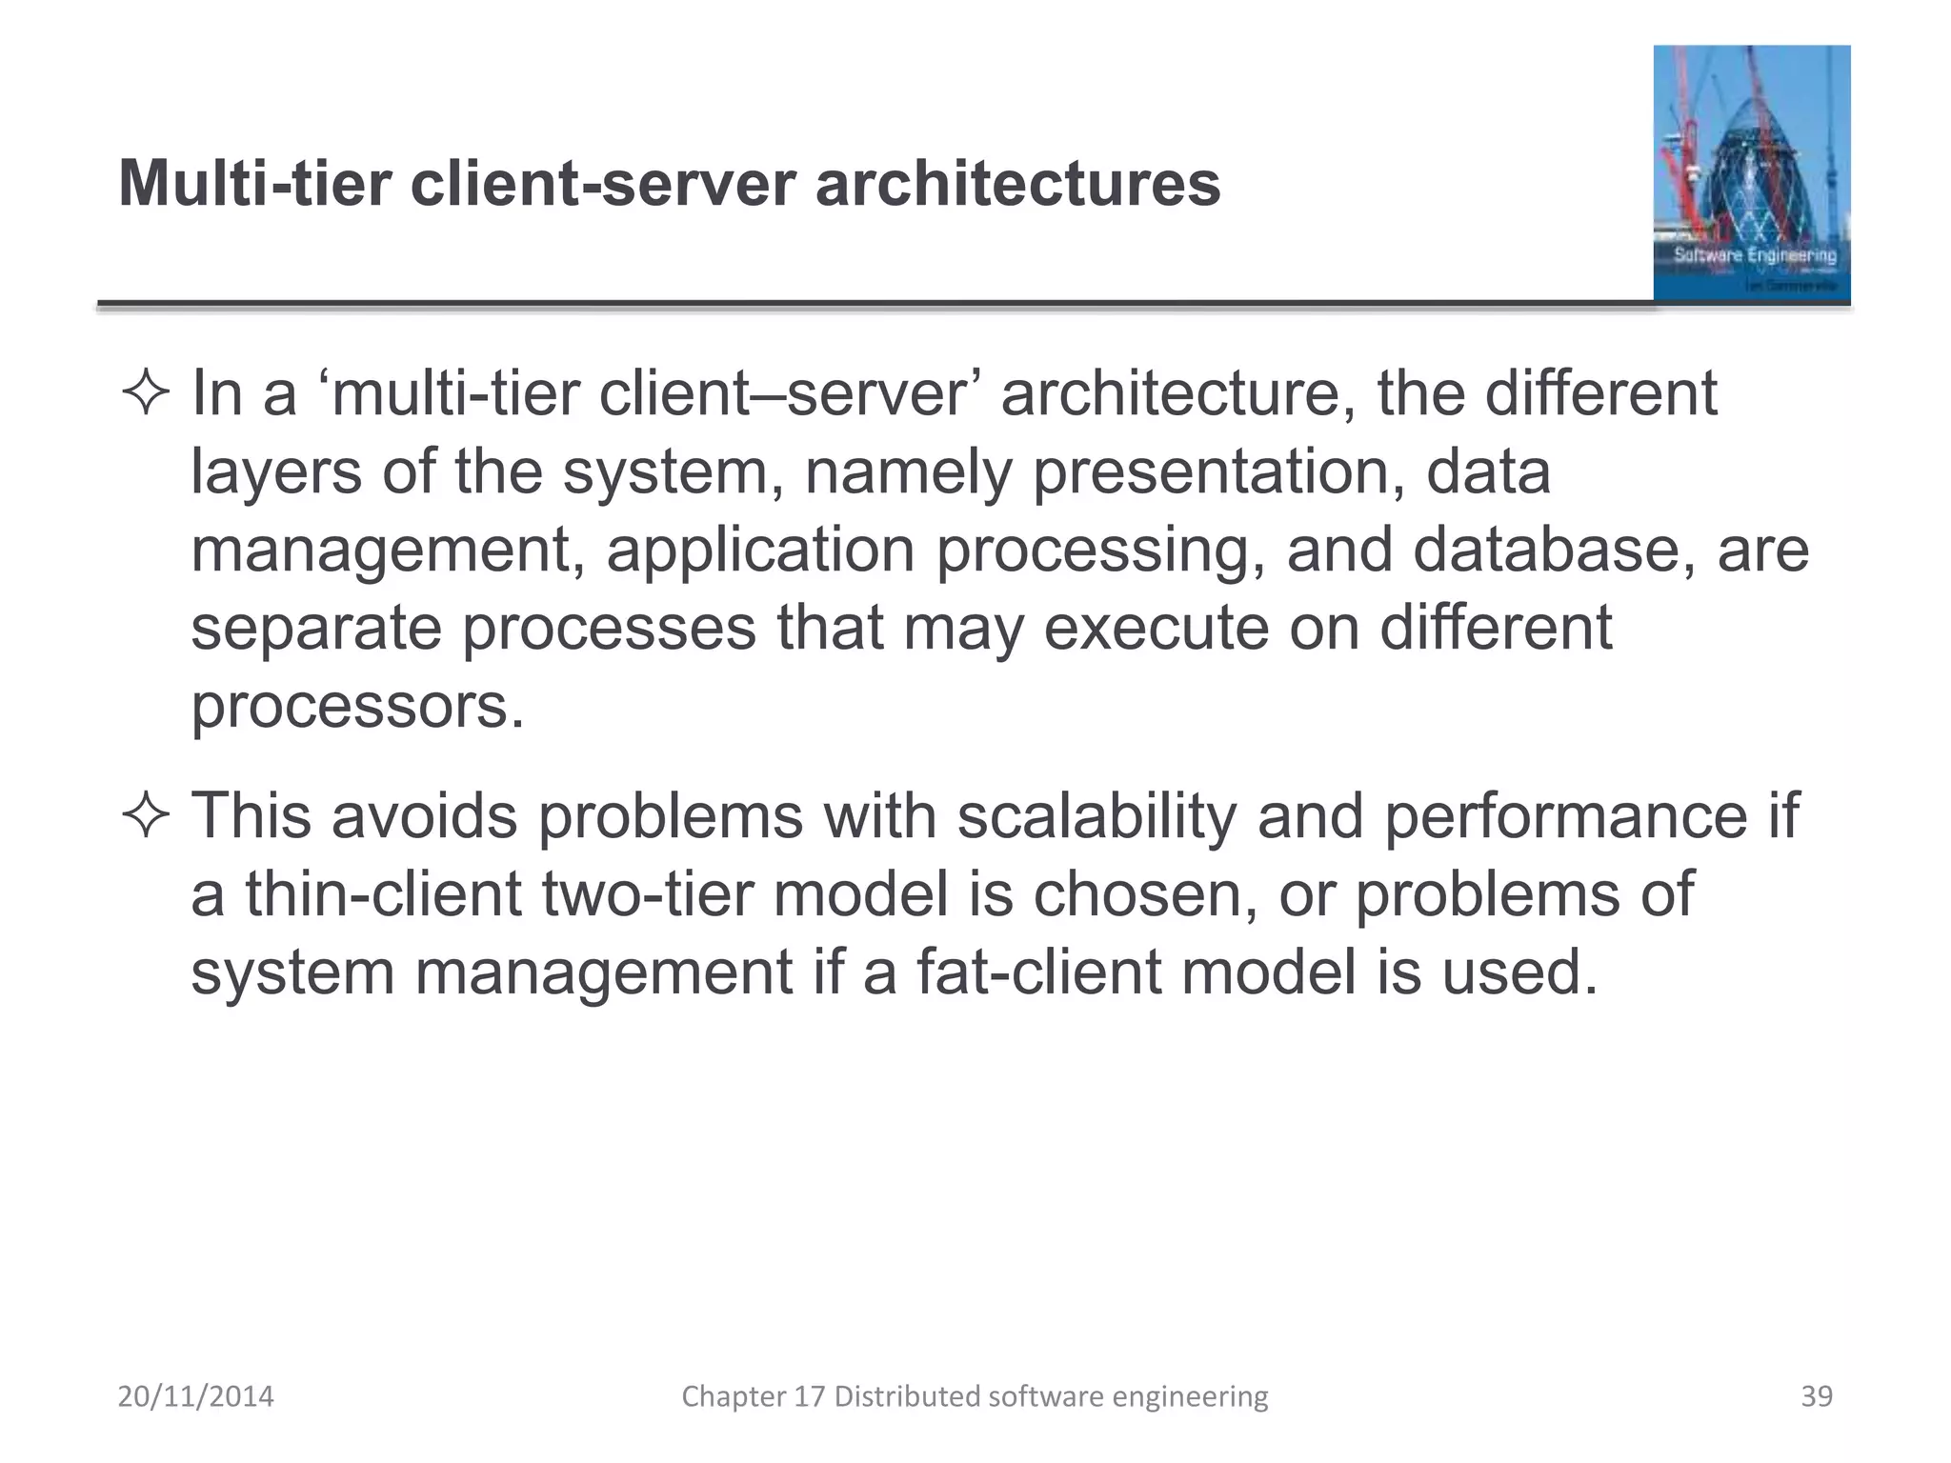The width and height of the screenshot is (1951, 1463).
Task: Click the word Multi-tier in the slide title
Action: (x=254, y=183)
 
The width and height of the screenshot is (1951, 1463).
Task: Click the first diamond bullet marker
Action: (x=146, y=393)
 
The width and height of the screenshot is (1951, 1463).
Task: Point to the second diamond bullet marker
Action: (x=146, y=816)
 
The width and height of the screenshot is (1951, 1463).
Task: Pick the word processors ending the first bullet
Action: (x=357, y=707)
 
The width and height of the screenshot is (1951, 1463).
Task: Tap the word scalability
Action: (x=1096, y=816)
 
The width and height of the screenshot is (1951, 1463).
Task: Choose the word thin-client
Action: (x=384, y=894)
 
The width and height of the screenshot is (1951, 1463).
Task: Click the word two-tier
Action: (x=648, y=894)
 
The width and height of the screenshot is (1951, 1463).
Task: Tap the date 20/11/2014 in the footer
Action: (x=195, y=1396)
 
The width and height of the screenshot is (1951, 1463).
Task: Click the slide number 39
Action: (x=1816, y=1396)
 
